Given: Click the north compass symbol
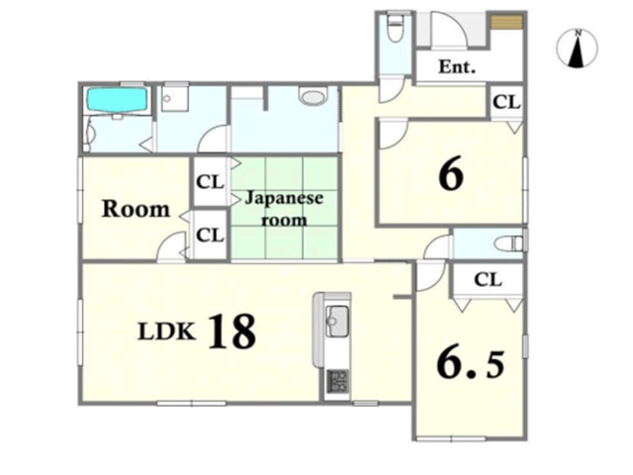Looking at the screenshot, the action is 578,47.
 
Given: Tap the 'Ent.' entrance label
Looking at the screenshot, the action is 457,66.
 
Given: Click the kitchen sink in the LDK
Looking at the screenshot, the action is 337,321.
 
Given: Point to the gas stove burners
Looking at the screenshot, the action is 337,380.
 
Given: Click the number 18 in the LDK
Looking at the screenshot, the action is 232,332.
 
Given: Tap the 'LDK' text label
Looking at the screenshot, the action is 167,332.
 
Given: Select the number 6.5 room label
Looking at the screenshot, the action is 471,364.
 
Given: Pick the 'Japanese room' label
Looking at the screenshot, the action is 284,209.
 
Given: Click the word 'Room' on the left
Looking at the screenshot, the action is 136,209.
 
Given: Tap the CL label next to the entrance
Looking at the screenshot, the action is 506,102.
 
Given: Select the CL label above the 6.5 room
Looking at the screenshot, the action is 488,279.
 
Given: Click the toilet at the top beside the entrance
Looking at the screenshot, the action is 394,27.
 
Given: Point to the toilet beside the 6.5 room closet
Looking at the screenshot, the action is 509,243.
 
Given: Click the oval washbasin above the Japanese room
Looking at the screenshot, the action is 313,97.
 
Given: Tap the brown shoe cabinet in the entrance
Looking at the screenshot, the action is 507,21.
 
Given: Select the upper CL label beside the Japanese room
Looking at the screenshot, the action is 210,182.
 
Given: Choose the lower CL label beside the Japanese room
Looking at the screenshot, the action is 210,235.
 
